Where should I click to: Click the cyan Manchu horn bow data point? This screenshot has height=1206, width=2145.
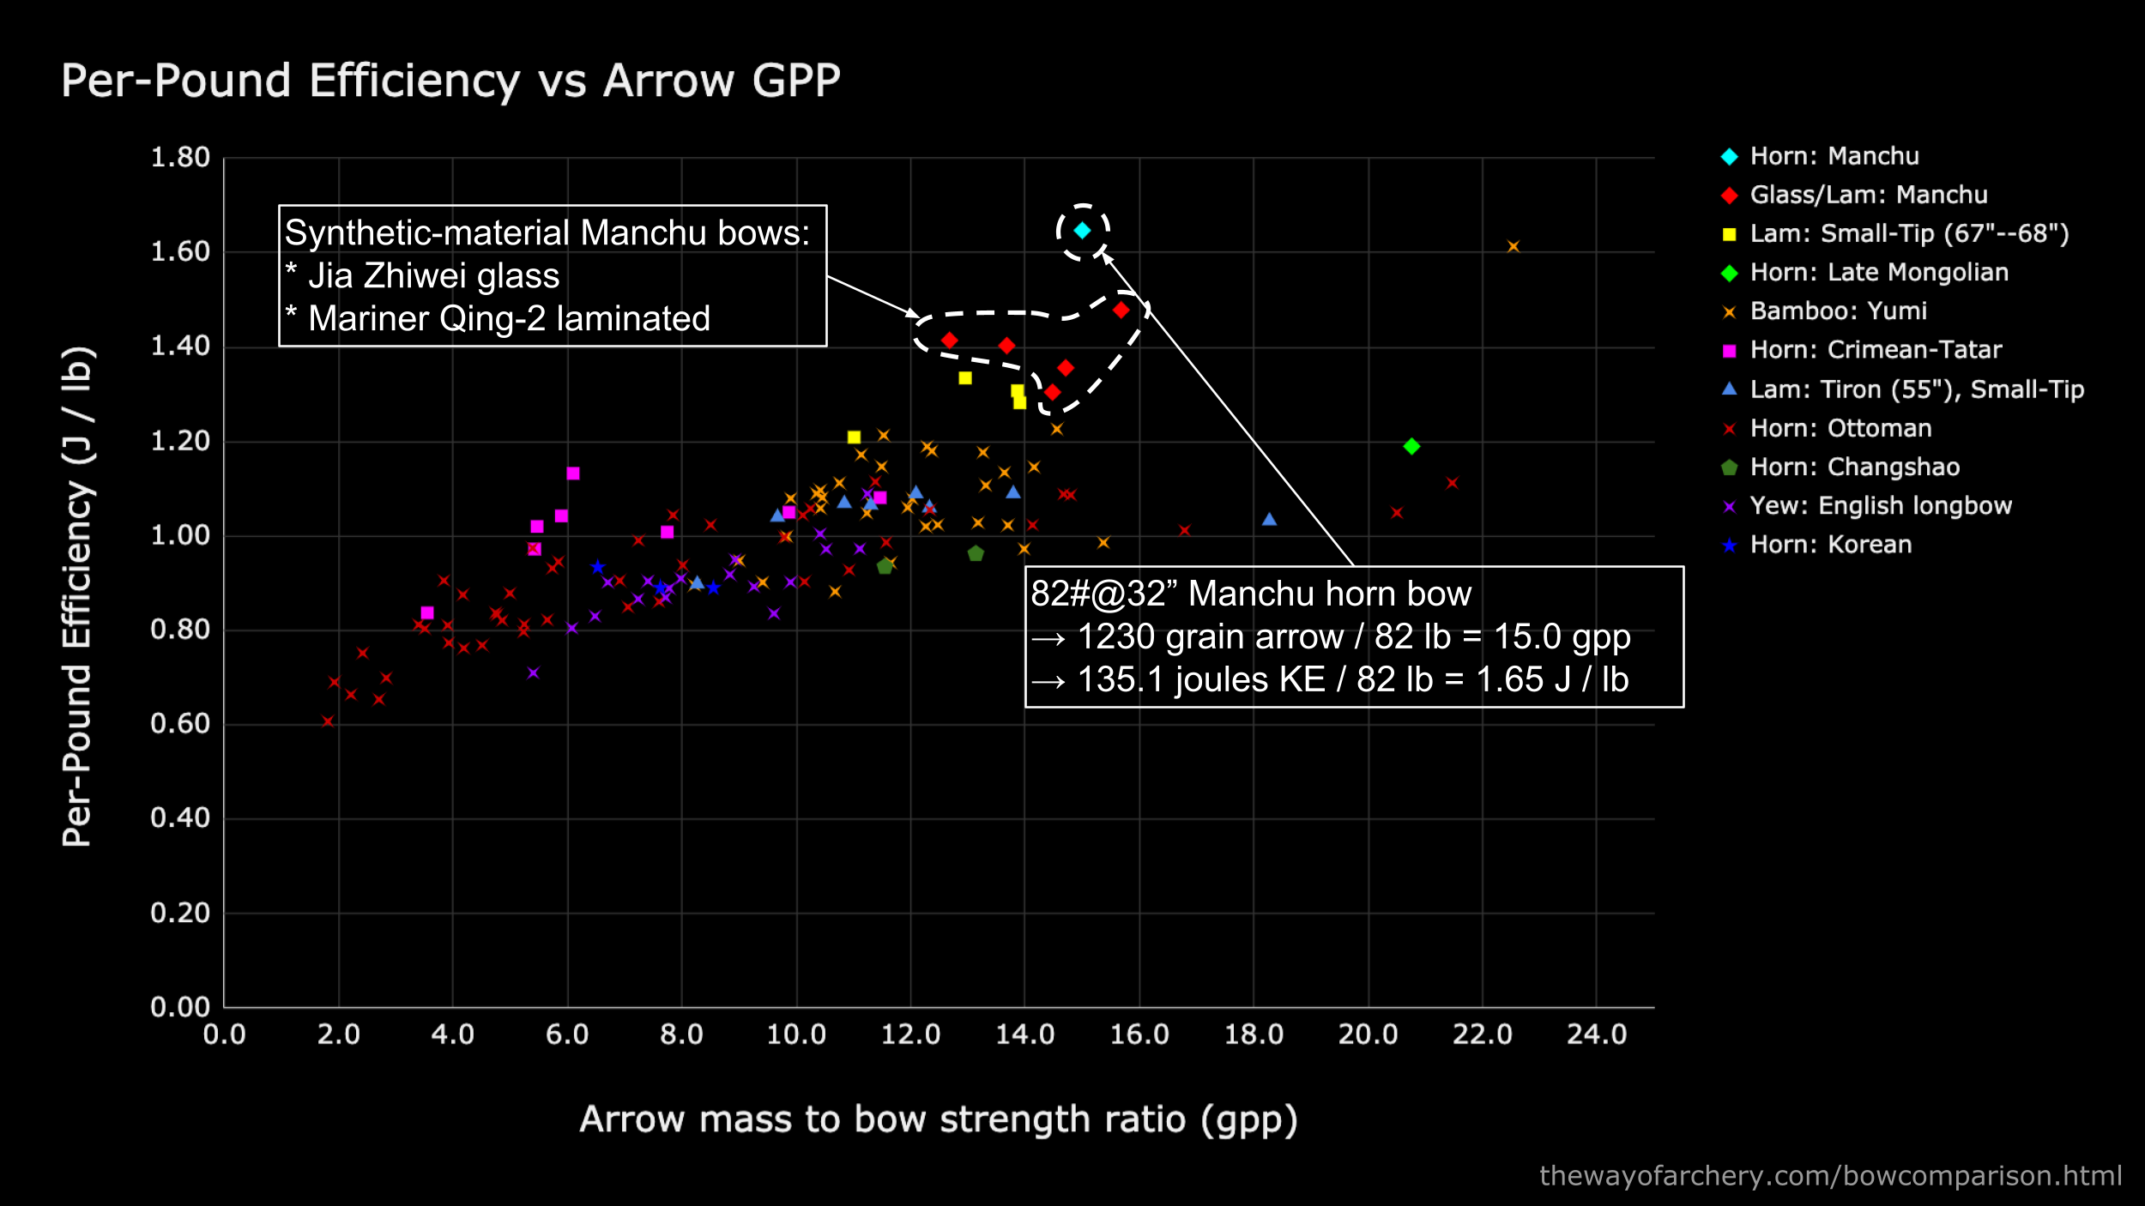click(1082, 230)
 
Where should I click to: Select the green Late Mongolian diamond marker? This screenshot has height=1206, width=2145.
click(1411, 446)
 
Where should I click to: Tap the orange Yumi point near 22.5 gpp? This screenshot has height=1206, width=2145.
click(1513, 247)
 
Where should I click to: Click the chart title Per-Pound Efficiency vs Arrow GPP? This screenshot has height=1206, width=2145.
click(450, 81)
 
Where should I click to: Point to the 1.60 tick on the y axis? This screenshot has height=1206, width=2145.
click(180, 252)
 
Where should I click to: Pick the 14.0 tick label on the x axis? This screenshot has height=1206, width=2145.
click(1024, 1034)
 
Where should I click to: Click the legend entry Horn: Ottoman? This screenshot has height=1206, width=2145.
click(1840, 428)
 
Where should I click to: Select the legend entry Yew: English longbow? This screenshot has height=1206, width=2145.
click(1880, 506)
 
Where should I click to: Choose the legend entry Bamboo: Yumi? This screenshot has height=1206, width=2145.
click(1838, 311)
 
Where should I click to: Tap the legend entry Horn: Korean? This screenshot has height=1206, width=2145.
click(1830, 545)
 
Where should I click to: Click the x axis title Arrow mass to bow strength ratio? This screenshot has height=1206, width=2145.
click(938, 1119)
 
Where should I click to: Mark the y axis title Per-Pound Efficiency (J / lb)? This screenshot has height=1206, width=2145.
click(77, 596)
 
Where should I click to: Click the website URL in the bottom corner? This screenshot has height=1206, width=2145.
click(1830, 1175)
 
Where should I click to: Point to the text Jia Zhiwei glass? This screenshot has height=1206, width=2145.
click(433, 276)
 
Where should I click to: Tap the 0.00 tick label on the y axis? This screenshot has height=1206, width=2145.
click(180, 1007)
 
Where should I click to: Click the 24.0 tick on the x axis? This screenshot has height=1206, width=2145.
click(1596, 1034)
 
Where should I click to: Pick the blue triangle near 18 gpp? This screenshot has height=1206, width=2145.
click(1269, 520)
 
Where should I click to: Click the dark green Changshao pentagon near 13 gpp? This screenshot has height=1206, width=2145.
click(976, 554)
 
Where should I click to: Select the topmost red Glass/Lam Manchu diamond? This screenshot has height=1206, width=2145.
click(1121, 310)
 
